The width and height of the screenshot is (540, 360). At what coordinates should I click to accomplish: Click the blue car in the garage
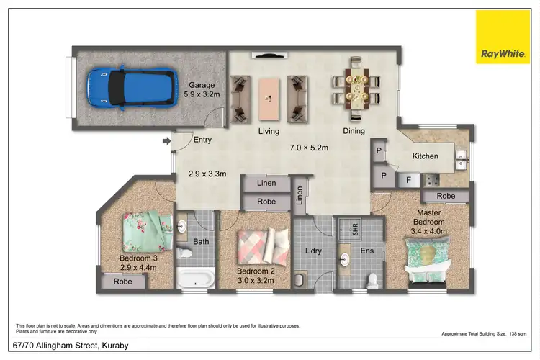tap(130, 88)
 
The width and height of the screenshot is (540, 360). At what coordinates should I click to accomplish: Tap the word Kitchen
tap(425, 156)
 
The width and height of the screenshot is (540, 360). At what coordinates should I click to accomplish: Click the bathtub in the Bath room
tap(197, 278)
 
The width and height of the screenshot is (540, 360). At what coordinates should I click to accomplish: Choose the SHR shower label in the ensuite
tap(355, 229)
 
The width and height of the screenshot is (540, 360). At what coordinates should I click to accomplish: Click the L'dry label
tap(312, 251)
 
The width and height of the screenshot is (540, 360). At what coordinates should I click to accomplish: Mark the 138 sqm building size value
tap(517, 335)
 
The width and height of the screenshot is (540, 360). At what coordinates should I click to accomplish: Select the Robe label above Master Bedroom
tap(446, 196)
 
